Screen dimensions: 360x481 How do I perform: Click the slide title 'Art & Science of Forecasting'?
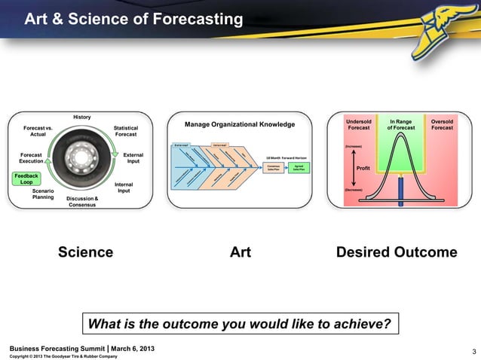point(133,20)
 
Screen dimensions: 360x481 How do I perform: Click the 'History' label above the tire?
point(81,117)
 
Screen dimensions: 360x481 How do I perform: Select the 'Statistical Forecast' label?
point(125,132)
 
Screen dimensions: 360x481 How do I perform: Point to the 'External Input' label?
point(133,158)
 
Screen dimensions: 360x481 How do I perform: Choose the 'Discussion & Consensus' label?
point(82,202)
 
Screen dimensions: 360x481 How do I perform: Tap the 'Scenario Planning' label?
point(42,194)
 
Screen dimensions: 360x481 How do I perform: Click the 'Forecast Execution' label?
point(31,158)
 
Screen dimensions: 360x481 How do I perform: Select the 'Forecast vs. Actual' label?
point(38,132)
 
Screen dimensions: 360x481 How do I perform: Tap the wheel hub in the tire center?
point(80,160)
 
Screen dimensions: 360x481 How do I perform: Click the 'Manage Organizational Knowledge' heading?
point(239,124)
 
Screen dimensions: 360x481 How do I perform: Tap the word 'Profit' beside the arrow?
point(366,167)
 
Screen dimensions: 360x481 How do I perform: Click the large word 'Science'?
point(86,252)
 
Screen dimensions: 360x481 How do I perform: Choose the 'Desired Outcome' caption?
point(397,252)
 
